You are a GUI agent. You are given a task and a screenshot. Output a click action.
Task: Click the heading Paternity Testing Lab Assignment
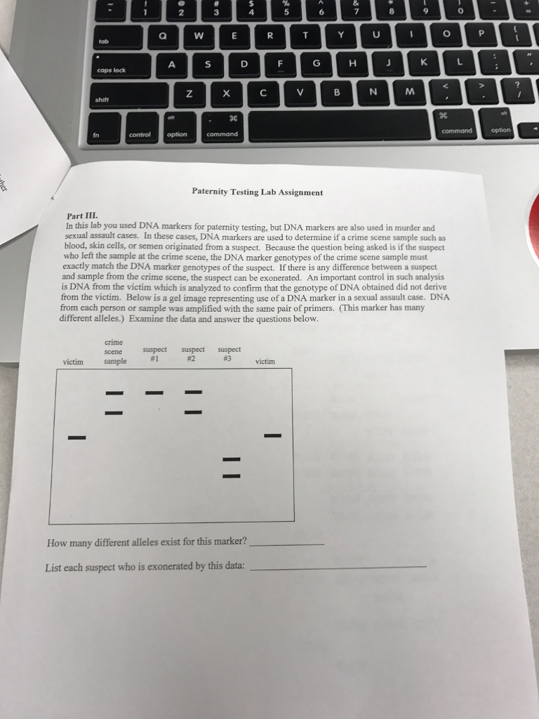pos(257,192)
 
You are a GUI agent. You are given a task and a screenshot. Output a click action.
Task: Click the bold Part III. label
pos(82,216)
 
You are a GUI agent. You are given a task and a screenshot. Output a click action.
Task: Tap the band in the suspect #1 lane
pos(154,393)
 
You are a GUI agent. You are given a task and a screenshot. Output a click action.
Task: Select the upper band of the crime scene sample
pos(114,393)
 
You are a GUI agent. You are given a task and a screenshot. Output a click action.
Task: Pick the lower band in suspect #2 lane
pos(193,412)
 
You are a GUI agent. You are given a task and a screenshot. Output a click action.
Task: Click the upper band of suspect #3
pos(231,459)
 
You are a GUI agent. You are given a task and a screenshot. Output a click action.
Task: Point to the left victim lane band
pos(77,437)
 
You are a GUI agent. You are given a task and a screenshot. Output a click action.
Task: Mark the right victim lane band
pos(272,435)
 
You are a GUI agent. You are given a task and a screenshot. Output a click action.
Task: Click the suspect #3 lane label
pos(229,354)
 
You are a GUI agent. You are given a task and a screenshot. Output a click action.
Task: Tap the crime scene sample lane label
pos(114,352)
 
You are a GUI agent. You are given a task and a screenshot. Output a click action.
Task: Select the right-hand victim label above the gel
pos(265,362)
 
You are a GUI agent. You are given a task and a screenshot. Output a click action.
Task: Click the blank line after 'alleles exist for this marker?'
pos(286,544)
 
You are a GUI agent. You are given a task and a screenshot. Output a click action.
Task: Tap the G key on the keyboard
pos(317,64)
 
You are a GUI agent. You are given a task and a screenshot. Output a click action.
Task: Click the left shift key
pos(129,95)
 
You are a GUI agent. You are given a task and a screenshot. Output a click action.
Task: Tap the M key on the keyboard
pos(409,92)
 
